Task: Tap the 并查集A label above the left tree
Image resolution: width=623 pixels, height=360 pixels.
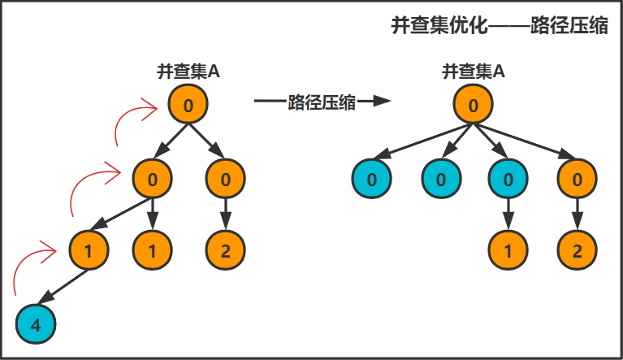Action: point(188,72)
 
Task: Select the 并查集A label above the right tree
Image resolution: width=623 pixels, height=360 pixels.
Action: point(474,72)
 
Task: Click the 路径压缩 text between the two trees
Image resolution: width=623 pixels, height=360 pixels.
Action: point(322,102)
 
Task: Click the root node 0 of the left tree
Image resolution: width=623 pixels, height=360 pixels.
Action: point(188,105)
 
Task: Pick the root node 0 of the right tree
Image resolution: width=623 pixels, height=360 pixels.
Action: point(474,105)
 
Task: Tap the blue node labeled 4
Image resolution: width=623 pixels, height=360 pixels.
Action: point(36,326)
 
